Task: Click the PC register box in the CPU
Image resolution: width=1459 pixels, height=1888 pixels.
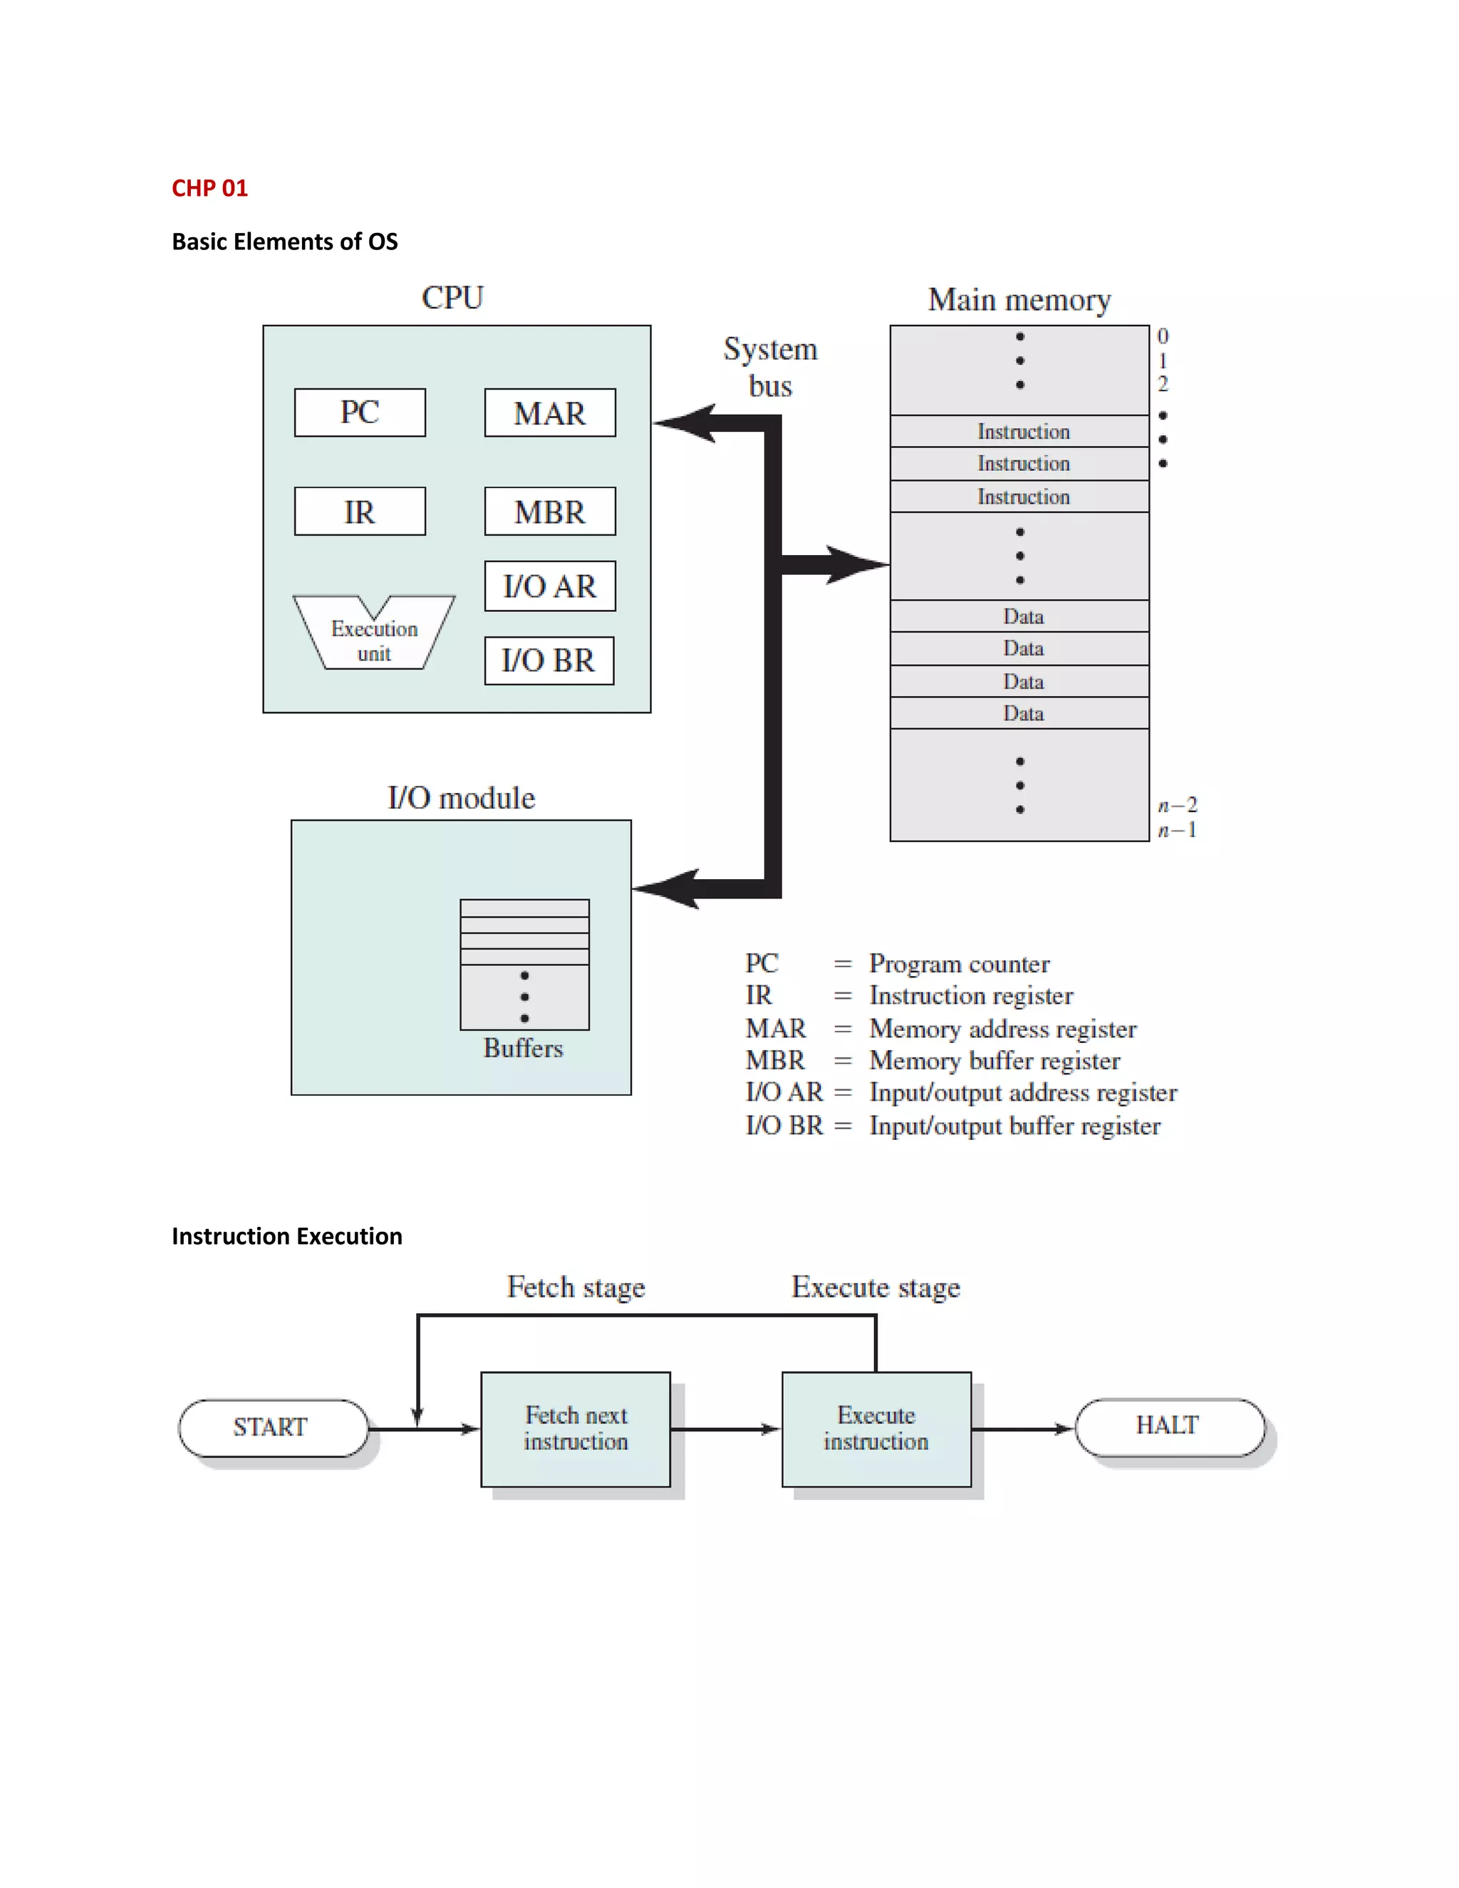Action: pos(360,413)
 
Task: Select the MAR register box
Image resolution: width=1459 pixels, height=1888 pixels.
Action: pos(550,413)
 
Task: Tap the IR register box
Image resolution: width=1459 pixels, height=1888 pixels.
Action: pos(360,512)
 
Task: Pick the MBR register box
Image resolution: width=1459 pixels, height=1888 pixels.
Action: pos(550,512)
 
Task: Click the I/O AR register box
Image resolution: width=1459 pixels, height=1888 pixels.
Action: pos(550,586)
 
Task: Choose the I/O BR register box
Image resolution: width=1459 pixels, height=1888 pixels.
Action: pos(549,660)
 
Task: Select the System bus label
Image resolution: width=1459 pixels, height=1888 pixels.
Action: pos(770,366)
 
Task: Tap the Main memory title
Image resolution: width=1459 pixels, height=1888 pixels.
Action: pos(1019,300)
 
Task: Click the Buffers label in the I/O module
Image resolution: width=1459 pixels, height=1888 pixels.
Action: pos(523,1048)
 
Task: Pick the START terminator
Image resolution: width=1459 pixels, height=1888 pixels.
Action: pos(271,1427)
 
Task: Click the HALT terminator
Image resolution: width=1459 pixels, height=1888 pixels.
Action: pos(1168,1426)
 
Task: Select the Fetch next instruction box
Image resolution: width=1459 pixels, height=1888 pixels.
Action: pos(576,1429)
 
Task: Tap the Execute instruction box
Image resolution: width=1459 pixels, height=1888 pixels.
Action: pos(876,1429)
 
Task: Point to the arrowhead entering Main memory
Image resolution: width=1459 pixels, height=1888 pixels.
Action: pos(861,564)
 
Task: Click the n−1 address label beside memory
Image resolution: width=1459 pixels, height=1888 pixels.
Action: pos(1177,830)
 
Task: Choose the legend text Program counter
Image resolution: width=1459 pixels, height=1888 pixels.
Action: pos(960,963)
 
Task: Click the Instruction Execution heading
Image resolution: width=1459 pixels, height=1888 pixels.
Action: pos(287,1236)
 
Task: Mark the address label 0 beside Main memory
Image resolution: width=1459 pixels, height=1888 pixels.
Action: pos(1163,336)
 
